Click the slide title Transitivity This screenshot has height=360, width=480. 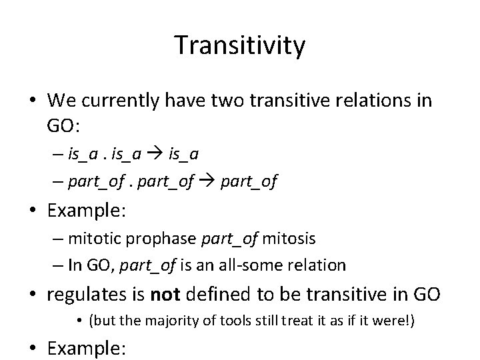(x=240, y=45)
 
